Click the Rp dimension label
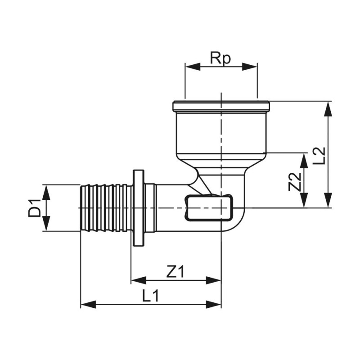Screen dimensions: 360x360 (220, 58)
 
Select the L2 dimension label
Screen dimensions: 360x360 (320, 154)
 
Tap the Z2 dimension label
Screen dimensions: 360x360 (295, 182)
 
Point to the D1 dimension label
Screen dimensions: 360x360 (35, 208)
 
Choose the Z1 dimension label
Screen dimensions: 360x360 (175, 271)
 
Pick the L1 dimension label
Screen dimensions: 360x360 (151, 296)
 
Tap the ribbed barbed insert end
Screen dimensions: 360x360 (106, 208)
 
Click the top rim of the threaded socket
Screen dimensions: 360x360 (221, 107)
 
